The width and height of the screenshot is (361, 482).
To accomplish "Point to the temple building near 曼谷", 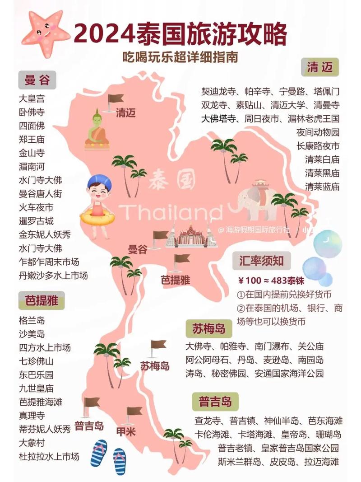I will [x=191, y=235].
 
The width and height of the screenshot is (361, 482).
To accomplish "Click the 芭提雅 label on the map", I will [x=176, y=280].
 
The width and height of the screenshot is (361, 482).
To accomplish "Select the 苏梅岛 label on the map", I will [x=155, y=365].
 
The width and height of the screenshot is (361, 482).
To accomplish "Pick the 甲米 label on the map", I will [x=126, y=431].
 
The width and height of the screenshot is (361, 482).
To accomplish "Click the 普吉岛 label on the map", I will [x=89, y=426].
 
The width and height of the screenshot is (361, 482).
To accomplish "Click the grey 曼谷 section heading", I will [x=37, y=81].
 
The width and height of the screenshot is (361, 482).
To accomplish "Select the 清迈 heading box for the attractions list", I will [x=319, y=68].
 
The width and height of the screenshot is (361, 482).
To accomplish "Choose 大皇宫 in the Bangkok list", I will [x=32, y=98].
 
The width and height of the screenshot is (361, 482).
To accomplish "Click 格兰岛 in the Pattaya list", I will [x=32, y=320].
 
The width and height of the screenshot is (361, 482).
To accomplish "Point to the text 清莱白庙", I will [x=322, y=159].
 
